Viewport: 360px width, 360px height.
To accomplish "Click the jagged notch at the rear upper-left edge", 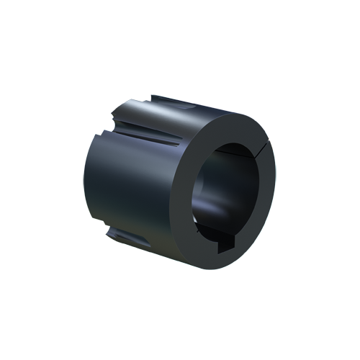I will pos(116,115).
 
